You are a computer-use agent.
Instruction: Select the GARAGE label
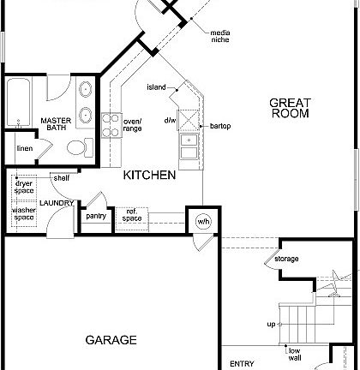111,340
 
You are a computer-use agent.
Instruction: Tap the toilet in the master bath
78,147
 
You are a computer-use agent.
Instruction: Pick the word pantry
95,217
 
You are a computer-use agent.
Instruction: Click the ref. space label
132,215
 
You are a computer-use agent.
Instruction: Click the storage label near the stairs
286,259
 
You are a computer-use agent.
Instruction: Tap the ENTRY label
243,363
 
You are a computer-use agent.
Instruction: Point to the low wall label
294,354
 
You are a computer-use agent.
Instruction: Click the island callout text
156,87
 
